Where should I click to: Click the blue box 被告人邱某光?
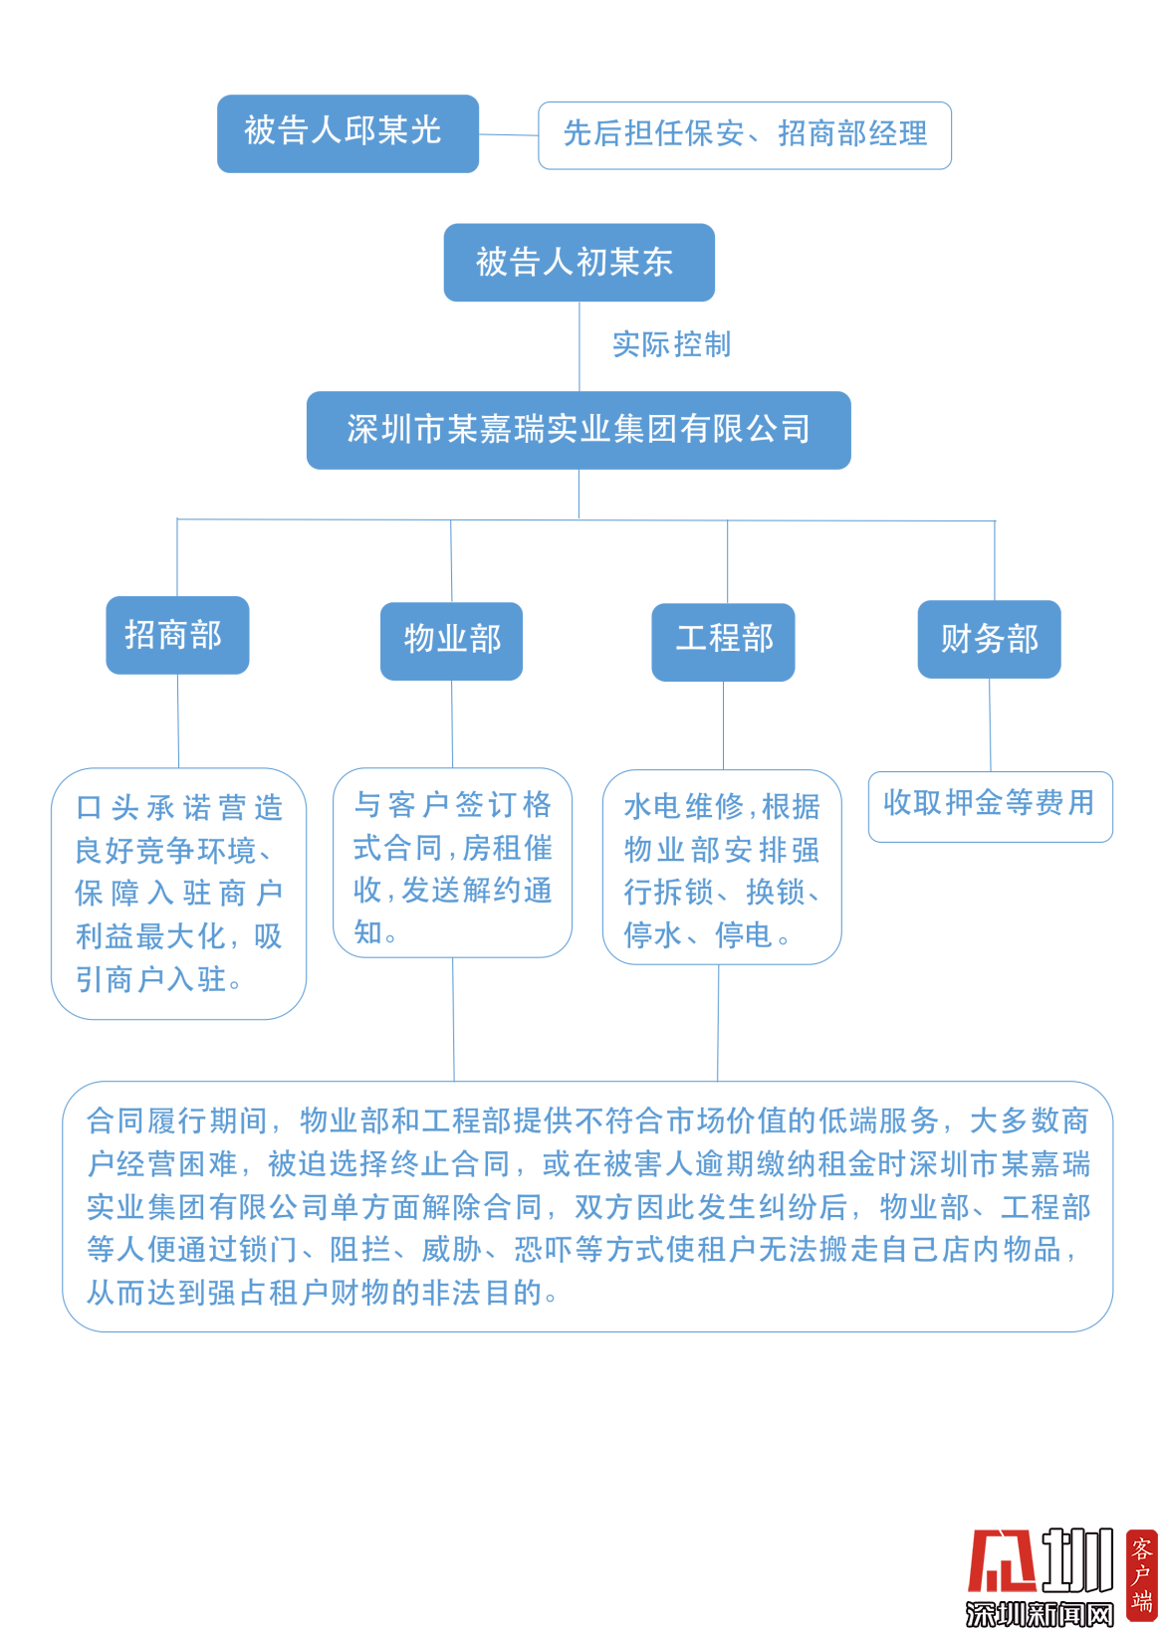pyautogui.click(x=348, y=133)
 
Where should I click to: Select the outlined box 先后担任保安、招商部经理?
pyautogui.click(x=744, y=135)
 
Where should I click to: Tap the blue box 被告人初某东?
pyautogui.click(x=579, y=263)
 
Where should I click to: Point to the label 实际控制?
pyautogui.click(x=671, y=344)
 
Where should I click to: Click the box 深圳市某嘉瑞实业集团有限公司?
pyautogui.click(x=579, y=430)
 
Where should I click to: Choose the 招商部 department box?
pyautogui.click(x=177, y=635)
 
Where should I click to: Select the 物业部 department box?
pyautogui.click(x=451, y=641)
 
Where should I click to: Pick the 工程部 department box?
pyautogui.click(x=723, y=642)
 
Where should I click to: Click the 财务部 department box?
pyautogui.click(x=989, y=639)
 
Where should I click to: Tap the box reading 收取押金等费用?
pyautogui.click(x=990, y=806)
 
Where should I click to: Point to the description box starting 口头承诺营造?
pyautogui.click(x=178, y=893)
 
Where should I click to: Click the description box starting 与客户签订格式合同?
pyautogui.click(x=452, y=862)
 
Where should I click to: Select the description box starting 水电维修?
pyautogui.click(x=722, y=867)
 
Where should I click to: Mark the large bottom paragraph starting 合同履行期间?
pyautogui.click(x=586, y=1206)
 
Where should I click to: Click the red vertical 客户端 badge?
pyautogui.click(x=1141, y=1575)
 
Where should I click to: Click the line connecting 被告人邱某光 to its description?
pyautogui.click(x=508, y=134)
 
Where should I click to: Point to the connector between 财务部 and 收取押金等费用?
pyautogui.click(x=990, y=724)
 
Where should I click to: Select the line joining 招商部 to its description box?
pyautogui.click(x=178, y=720)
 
